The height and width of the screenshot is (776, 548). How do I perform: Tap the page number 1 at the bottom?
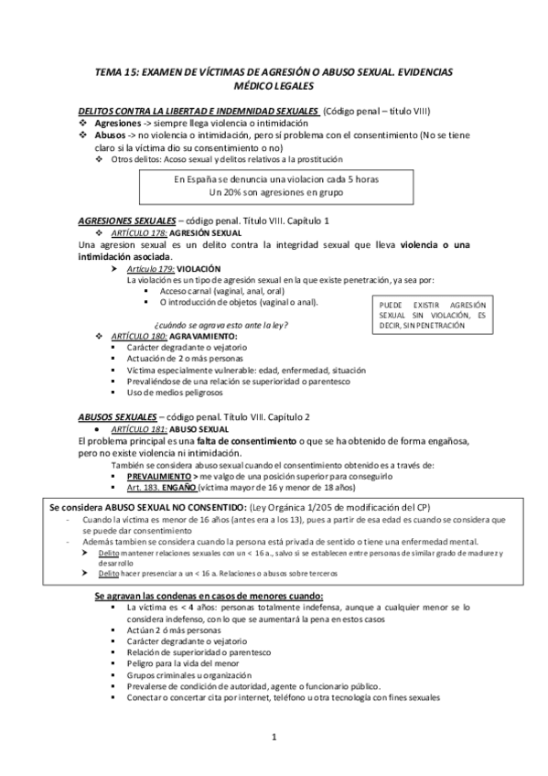(274, 737)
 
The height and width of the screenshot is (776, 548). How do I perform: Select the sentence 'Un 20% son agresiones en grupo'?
(274, 193)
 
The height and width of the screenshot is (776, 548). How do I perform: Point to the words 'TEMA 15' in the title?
(120, 70)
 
